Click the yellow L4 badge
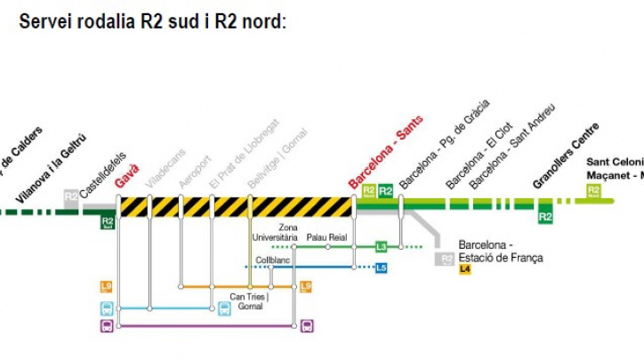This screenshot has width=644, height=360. [x=465, y=269]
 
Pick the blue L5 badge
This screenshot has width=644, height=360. [x=381, y=267]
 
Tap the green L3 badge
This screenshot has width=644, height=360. [x=381, y=246]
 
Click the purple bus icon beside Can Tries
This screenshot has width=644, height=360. [x=307, y=326]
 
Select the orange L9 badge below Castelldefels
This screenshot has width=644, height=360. [x=107, y=286]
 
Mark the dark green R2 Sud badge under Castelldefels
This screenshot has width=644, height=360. [x=108, y=221]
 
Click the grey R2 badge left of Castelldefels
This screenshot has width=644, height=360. [x=70, y=196]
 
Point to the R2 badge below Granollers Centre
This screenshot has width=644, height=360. [x=545, y=215]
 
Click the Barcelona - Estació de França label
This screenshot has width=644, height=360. [x=500, y=252]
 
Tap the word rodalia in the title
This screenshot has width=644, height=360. [x=107, y=20]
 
